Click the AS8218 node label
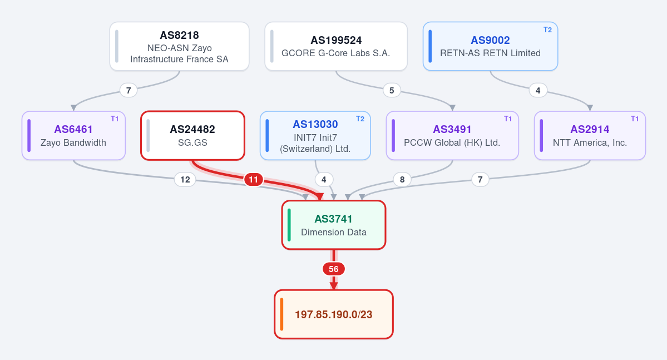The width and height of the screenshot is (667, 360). [x=179, y=35]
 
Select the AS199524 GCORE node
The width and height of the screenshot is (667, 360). [x=336, y=46]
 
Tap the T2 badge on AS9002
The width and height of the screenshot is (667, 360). [x=547, y=30]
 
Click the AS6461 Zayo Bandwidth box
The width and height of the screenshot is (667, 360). [x=73, y=136]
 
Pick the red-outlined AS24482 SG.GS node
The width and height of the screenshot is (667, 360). [x=192, y=136]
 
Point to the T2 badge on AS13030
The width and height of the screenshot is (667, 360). [x=360, y=119]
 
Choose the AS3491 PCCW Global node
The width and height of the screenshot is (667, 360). [x=452, y=136]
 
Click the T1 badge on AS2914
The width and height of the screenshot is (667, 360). [x=635, y=119]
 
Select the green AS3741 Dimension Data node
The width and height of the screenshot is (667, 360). [x=334, y=225]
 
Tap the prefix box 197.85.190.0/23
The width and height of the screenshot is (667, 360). [x=334, y=314]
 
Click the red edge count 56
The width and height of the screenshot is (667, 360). [x=334, y=269]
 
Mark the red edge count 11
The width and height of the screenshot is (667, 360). [x=254, y=180]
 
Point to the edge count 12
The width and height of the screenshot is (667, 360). [x=185, y=180]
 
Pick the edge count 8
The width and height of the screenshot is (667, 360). [x=402, y=180]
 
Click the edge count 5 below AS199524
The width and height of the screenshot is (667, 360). [x=392, y=90]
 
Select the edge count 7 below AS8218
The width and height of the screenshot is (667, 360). [x=129, y=90]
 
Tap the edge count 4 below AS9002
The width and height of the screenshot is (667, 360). [x=538, y=90]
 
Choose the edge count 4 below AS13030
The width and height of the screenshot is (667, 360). [x=324, y=180]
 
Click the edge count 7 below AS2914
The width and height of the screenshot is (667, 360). [x=480, y=180]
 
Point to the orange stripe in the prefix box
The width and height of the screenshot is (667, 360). [x=281, y=314]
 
